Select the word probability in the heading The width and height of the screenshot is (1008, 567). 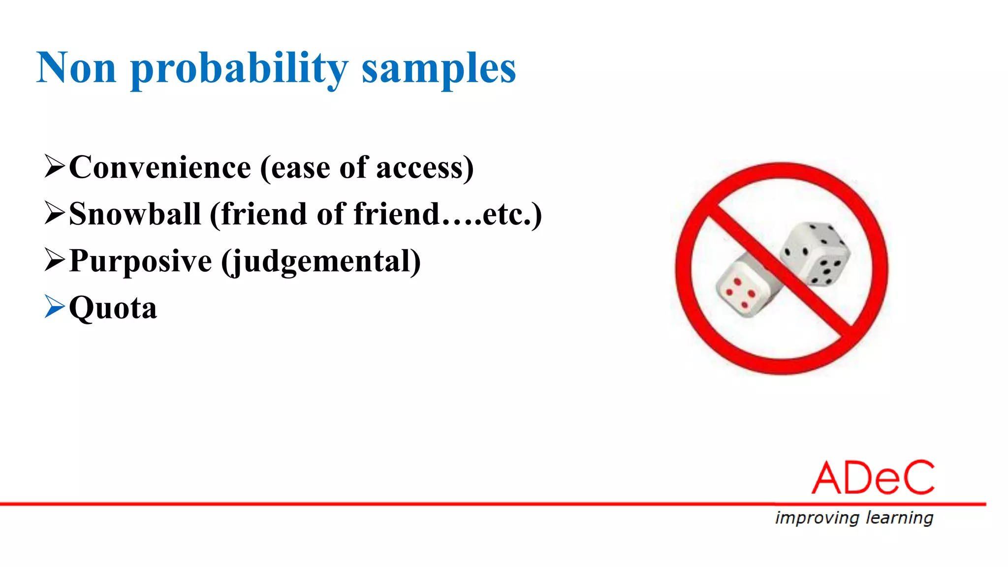[x=239, y=69]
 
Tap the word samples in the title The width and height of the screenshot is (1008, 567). [x=439, y=69]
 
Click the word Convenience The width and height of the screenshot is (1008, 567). [x=160, y=167]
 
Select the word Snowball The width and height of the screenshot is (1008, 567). [x=135, y=214]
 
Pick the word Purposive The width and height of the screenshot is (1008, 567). [x=140, y=260]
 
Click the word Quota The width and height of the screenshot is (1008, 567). [x=113, y=308]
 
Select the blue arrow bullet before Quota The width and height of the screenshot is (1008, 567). [x=54, y=307]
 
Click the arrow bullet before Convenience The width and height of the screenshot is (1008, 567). [x=54, y=166]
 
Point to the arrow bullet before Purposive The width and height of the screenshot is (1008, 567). [x=54, y=259]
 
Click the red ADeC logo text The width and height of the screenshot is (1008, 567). [x=873, y=478]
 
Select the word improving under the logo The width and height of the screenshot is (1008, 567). [x=817, y=518]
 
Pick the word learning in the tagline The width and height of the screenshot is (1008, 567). [x=899, y=518]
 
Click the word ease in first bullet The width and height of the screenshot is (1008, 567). [x=300, y=168]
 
